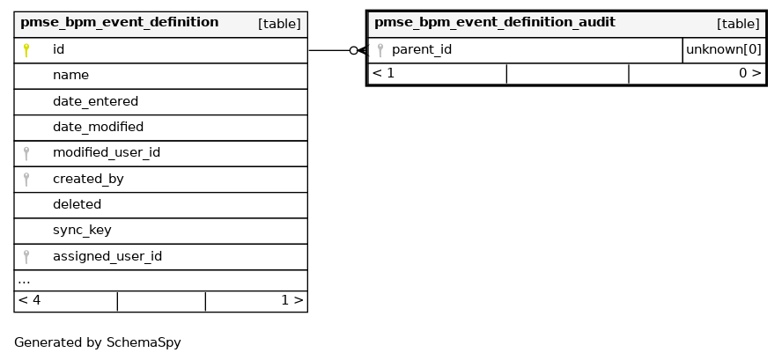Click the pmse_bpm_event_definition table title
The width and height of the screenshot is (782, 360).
[x=119, y=23]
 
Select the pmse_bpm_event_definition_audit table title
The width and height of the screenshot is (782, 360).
[x=495, y=23]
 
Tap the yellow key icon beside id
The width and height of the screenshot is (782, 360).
[x=26, y=50]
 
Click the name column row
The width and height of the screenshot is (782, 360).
[x=160, y=76]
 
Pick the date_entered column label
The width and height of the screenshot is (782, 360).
[x=95, y=102]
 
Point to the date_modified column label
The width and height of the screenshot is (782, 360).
[x=99, y=127]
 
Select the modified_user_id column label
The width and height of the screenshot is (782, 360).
[x=107, y=153]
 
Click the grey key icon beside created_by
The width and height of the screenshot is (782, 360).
[x=26, y=180]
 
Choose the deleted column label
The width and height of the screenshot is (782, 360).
[x=77, y=204]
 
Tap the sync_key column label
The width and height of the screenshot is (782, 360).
[x=82, y=231]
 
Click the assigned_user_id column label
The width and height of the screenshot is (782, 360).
[x=107, y=256]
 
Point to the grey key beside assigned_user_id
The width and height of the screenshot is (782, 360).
[x=26, y=257]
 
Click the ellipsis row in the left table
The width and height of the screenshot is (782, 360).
[x=160, y=280]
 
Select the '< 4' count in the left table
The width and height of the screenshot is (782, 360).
[x=29, y=301]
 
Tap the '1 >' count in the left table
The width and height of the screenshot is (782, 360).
[x=291, y=301]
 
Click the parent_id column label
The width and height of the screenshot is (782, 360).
[x=422, y=50]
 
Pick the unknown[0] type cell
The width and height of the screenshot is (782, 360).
[x=724, y=50]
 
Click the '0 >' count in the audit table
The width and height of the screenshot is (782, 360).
[x=750, y=74]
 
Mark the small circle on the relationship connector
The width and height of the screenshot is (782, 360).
[x=354, y=50]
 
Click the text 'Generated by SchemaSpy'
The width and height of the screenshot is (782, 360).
[x=97, y=343]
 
